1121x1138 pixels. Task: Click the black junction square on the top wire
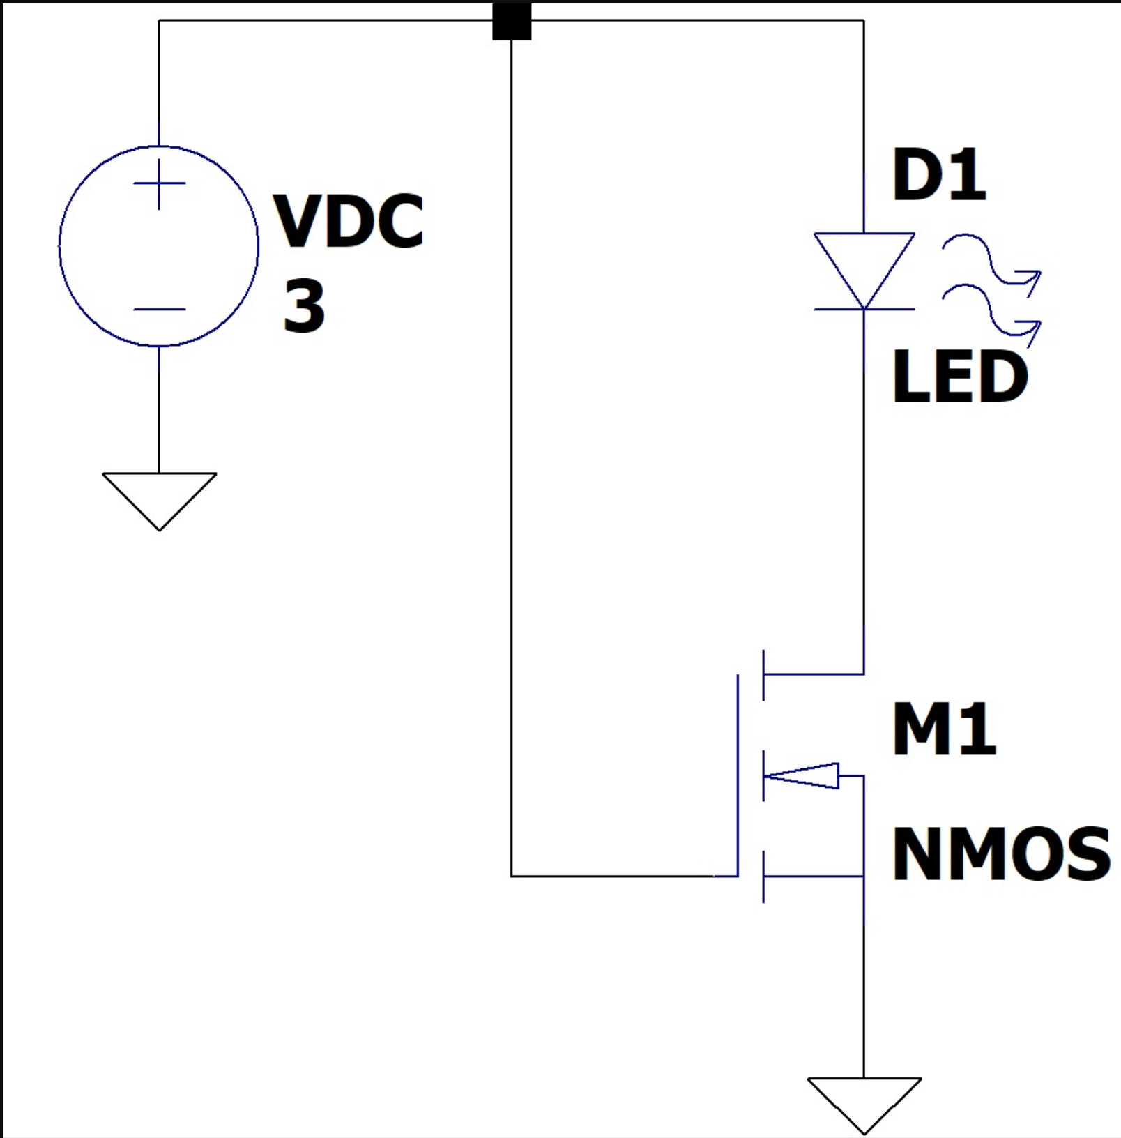click(x=512, y=21)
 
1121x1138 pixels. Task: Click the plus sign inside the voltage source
click(x=160, y=184)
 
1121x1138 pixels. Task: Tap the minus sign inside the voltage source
click(x=160, y=309)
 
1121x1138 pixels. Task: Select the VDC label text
click(x=349, y=222)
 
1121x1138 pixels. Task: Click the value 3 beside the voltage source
click(x=305, y=305)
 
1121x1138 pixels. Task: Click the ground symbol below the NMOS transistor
click(x=864, y=1102)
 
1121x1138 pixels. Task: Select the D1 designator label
click(x=939, y=176)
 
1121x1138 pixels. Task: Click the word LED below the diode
click(x=960, y=377)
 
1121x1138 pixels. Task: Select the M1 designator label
click(x=945, y=729)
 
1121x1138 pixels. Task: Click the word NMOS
click(x=1001, y=854)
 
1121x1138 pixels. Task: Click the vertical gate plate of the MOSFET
click(x=738, y=774)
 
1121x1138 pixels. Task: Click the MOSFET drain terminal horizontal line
click(x=814, y=674)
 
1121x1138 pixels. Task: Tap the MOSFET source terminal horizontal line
click(x=814, y=876)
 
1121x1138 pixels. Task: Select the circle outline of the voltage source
click(x=60, y=245)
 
